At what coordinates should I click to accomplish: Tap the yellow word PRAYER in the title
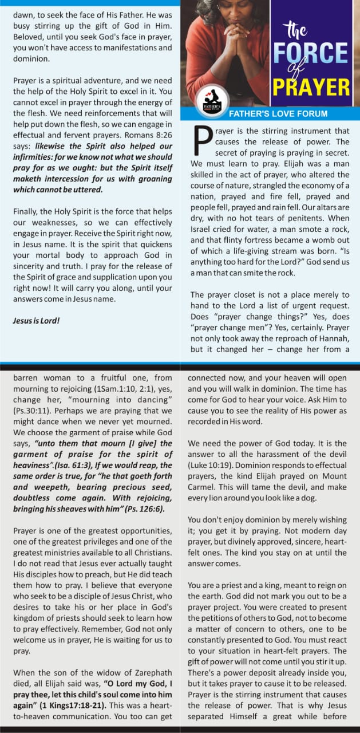coord(311,87)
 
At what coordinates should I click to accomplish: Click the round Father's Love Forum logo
coord(212,101)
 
